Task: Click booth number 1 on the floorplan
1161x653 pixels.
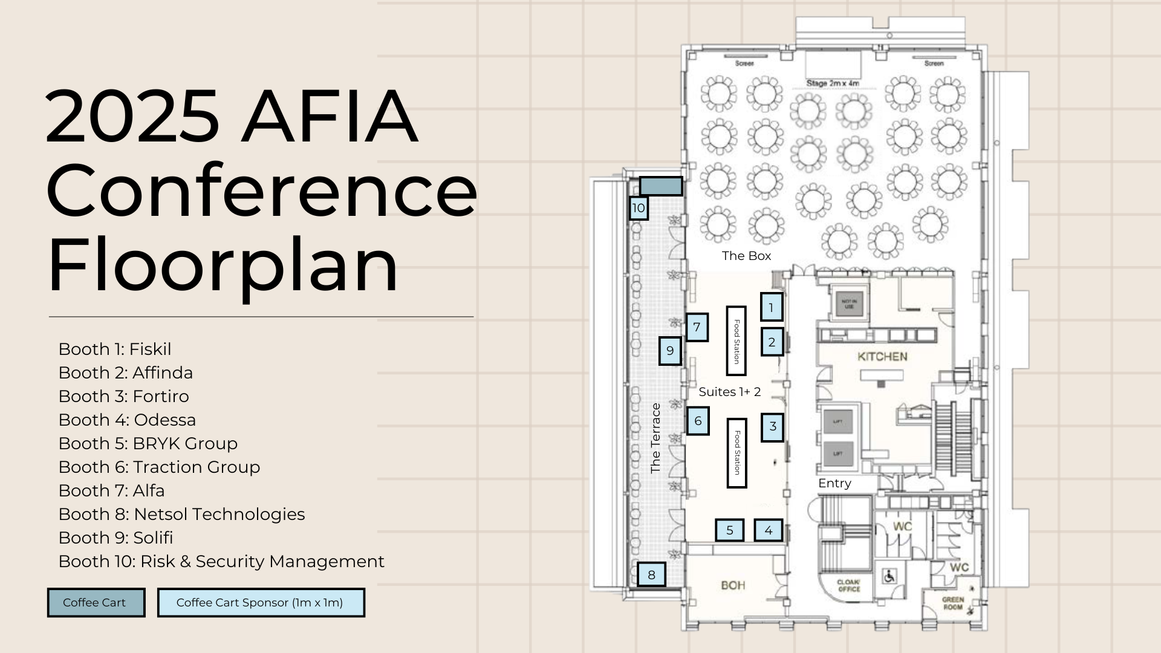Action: point(772,307)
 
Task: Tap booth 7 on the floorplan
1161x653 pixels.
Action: point(697,327)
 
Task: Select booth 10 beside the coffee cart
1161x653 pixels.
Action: point(639,208)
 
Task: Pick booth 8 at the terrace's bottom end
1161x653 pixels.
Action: point(651,574)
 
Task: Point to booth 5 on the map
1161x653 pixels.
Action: point(730,530)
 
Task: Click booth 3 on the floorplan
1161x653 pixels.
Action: point(772,427)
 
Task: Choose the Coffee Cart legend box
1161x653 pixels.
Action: point(96,603)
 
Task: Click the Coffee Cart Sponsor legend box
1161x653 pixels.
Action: point(261,603)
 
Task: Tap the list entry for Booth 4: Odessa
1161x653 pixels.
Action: point(127,420)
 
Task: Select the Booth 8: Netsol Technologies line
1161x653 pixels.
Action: point(181,514)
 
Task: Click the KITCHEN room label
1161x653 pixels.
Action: point(882,357)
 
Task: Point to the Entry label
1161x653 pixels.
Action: point(834,483)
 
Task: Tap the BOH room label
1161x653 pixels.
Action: point(733,585)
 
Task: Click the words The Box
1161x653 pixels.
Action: point(746,256)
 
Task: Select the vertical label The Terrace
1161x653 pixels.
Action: point(655,438)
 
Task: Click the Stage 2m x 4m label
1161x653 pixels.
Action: point(833,83)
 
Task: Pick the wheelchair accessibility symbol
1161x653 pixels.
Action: point(889,576)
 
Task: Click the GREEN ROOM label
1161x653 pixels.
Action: point(952,603)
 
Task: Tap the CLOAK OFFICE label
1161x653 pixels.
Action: point(848,585)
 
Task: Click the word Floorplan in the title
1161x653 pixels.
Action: point(223,265)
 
